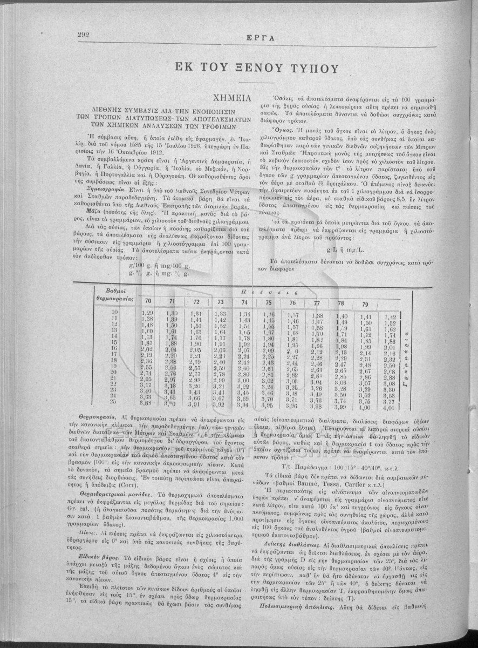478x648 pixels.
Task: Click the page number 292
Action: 83,35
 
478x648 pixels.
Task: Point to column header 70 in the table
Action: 148,301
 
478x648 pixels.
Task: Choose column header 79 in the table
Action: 365,304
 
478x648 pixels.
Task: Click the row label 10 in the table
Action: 114,312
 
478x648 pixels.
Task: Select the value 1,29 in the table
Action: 147,313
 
